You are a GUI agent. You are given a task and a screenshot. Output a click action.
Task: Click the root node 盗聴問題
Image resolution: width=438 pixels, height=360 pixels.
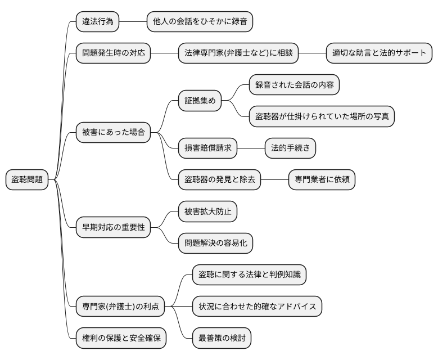(28, 180)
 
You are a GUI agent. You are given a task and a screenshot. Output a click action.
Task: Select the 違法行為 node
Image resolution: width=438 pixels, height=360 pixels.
(98, 21)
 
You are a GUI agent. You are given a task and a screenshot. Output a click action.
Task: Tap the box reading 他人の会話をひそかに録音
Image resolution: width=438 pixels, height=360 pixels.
(199, 21)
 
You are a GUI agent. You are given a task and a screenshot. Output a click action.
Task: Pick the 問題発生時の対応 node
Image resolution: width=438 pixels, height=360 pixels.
(114, 53)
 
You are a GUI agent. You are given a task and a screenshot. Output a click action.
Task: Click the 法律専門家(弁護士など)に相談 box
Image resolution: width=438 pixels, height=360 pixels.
(238, 53)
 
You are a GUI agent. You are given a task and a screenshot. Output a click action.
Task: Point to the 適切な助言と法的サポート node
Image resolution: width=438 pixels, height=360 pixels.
(380, 53)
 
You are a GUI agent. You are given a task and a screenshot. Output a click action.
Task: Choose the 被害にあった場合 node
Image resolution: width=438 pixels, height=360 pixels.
(114, 133)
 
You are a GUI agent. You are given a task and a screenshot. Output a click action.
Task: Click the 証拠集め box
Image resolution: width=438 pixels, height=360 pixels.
(200, 101)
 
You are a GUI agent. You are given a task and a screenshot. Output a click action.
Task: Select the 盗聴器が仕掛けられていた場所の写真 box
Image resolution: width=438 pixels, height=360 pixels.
(322, 116)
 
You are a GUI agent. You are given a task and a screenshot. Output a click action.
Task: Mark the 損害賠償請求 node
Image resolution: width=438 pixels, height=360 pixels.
(207, 148)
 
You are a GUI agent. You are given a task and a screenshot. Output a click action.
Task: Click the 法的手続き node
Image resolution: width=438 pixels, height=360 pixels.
(290, 148)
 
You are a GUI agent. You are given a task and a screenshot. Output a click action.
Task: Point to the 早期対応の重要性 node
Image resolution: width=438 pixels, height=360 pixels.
(114, 227)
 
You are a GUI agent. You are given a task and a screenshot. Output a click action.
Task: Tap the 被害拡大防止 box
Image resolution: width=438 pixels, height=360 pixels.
(207, 211)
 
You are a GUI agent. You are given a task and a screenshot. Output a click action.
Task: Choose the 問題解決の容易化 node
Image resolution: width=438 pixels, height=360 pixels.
(215, 243)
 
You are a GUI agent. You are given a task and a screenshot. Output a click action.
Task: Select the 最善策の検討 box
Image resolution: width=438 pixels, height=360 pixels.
(221, 339)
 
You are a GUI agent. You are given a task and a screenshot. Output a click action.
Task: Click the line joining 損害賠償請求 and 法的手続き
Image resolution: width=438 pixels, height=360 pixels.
(250, 148)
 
